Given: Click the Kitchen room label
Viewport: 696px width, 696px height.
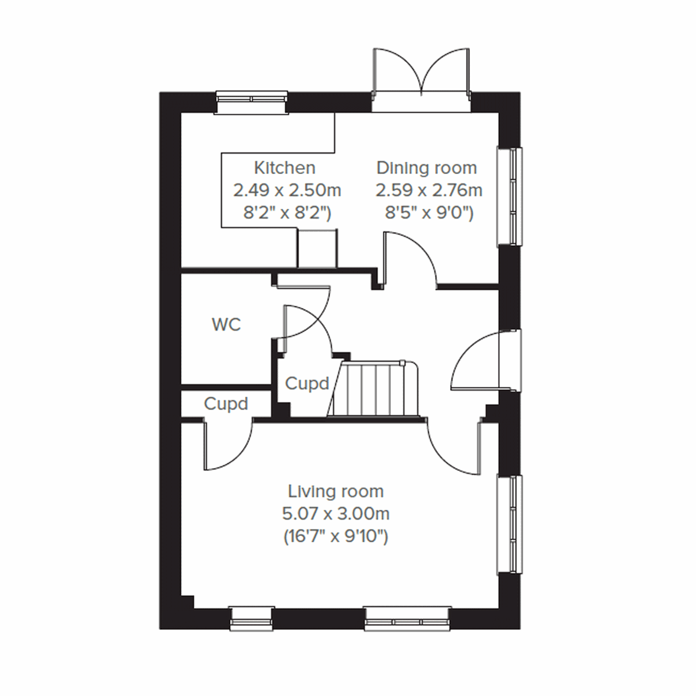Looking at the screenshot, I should (x=285, y=168).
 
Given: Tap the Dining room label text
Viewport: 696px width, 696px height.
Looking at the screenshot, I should (x=426, y=168).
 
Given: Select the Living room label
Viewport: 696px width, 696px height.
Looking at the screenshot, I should (x=336, y=492).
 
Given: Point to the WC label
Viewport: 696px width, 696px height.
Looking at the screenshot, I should (x=226, y=325).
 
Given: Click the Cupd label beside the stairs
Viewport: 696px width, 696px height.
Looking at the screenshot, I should (x=307, y=383).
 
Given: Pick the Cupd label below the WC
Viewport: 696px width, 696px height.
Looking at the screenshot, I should (x=226, y=404).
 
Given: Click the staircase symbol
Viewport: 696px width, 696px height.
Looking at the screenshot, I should (x=374, y=389).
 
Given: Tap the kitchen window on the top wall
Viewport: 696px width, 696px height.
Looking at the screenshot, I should (x=252, y=101).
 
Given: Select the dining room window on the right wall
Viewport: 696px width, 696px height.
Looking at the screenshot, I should (x=510, y=197).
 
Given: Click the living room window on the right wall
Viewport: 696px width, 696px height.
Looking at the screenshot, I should (x=510, y=524).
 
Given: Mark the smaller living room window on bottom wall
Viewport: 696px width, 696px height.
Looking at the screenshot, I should (x=251, y=618).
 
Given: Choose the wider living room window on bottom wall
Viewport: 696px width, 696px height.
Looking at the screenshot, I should (x=408, y=618).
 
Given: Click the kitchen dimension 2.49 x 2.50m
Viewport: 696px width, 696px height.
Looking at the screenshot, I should (x=287, y=190).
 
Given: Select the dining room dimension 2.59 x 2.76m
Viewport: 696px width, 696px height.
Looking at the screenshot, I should (x=429, y=190).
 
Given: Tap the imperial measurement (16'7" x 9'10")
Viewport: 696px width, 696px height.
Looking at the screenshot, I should (x=336, y=537).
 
